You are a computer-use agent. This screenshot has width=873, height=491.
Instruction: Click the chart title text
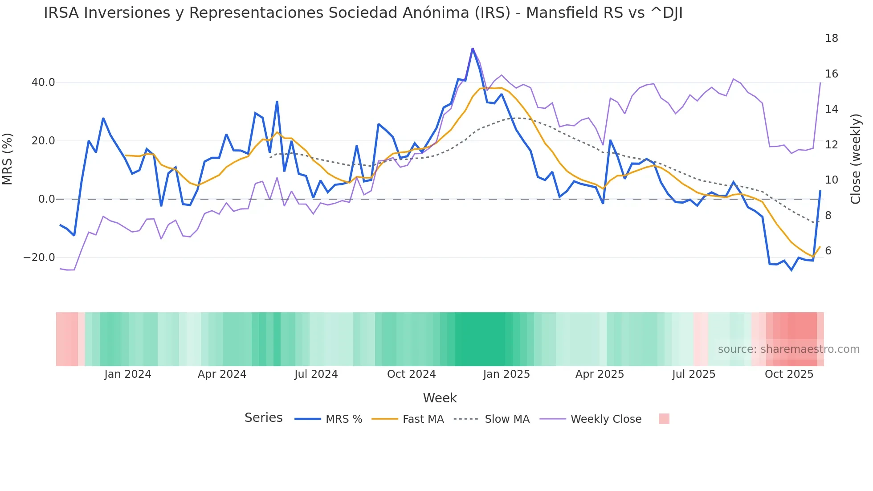[363, 13]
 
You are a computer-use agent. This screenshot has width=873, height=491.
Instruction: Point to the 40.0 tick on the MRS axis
[43, 82]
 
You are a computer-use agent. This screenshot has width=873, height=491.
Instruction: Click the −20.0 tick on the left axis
[39, 258]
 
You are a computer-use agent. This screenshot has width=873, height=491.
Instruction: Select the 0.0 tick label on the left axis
[46, 199]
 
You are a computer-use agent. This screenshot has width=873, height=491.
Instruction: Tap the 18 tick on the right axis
[831, 38]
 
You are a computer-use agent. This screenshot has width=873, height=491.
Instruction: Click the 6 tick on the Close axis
[828, 251]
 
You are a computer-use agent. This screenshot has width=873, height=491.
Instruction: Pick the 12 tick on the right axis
[831, 145]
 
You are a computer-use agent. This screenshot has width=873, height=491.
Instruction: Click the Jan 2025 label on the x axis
[506, 374]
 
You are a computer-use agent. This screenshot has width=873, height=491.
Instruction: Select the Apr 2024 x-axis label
[222, 374]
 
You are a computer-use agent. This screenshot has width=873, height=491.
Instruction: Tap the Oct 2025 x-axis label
[789, 374]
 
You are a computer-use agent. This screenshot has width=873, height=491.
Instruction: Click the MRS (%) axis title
[8, 159]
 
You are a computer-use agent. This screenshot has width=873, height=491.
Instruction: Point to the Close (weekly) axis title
[856, 159]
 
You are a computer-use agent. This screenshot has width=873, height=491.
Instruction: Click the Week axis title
[440, 398]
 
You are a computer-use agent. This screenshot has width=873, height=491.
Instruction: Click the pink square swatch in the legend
[664, 419]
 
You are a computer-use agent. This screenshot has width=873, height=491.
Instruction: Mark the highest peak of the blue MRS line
[473, 48]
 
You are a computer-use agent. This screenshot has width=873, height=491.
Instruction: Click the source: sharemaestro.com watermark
[788, 349]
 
